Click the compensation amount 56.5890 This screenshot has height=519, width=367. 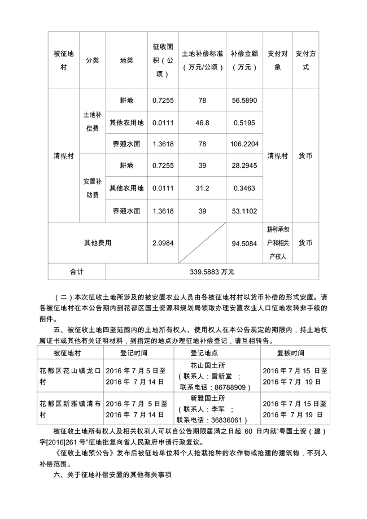click(x=244, y=101)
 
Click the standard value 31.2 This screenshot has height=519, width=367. click(x=202, y=188)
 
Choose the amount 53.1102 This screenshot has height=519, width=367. click(x=244, y=210)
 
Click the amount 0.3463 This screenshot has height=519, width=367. click(x=244, y=188)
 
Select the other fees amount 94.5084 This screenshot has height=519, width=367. click(x=244, y=244)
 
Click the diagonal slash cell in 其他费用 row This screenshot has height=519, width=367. click(x=202, y=243)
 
